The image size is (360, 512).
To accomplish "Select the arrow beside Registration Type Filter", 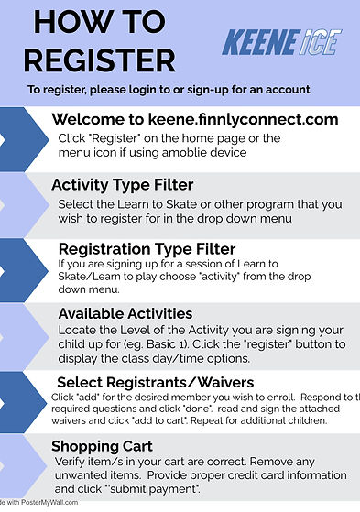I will click(16, 268).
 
